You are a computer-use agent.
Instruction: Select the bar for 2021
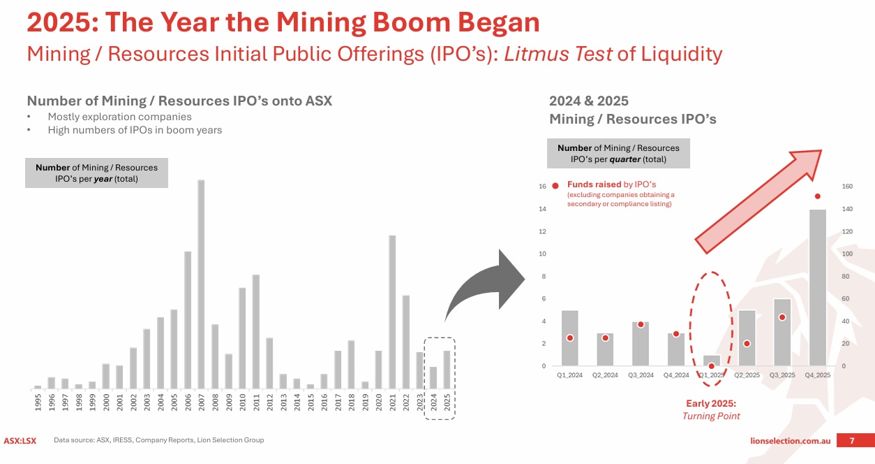[392, 312]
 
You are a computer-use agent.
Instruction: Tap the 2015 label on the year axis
[311, 403]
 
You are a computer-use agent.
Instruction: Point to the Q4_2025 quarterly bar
[817, 287]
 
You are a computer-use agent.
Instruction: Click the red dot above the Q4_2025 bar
[817, 196]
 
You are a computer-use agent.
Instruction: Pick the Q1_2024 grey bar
[570, 338]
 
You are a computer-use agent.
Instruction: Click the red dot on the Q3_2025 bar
[782, 317]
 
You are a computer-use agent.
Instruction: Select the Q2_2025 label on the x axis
[747, 375]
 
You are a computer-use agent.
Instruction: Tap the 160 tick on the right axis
[848, 187]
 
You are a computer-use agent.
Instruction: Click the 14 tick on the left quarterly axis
[542, 209]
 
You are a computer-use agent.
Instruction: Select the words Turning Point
[711, 416]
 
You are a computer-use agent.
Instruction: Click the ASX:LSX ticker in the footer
[20, 440]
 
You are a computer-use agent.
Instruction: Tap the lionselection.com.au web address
[790, 441]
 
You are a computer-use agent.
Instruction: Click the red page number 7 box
[851, 440]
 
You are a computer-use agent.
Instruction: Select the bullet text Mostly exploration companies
[119, 117]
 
